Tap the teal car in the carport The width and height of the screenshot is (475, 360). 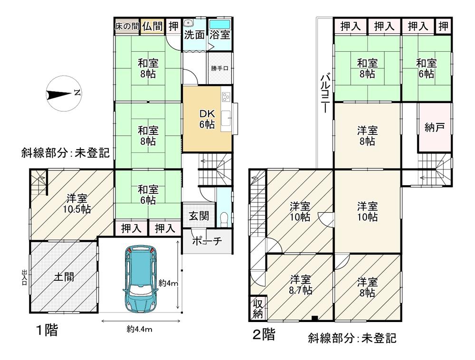(x=140, y=280)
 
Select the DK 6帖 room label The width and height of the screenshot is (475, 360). (x=207, y=119)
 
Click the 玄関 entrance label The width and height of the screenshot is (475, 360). (x=199, y=216)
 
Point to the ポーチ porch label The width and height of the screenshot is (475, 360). (x=207, y=241)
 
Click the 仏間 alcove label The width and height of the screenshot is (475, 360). (x=152, y=26)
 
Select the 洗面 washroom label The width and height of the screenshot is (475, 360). (x=194, y=35)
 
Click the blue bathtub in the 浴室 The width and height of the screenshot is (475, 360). (x=219, y=24)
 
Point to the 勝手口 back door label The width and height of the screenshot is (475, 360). (x=220, y=68)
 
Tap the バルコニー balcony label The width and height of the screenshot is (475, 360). (x=325, y=93)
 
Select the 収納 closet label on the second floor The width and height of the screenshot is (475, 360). (x=257, y=309)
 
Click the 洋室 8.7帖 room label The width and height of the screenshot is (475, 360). (x=301, y=284)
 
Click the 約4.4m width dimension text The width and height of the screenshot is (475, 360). (x=139, y=329)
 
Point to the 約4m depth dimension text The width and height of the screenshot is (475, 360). (x=168, y=284)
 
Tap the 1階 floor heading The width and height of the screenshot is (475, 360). (x=47, y=330)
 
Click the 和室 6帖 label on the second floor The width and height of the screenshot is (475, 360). (x=426, y=68)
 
